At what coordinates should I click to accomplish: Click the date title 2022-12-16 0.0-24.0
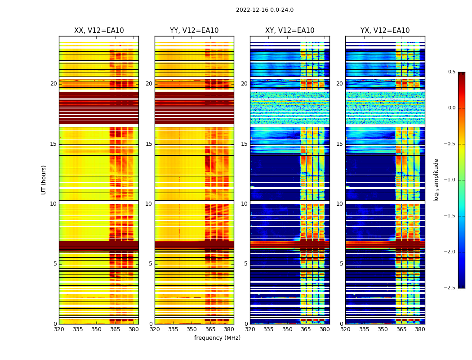click(264, 10)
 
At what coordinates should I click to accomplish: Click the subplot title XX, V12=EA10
click(99, 31)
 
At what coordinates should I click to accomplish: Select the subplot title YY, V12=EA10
click(194, 31)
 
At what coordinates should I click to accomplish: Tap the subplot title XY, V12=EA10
click(290, 31)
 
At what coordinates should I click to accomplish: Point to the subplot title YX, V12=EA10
click(385, 31)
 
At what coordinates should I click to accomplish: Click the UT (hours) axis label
click(44, 180)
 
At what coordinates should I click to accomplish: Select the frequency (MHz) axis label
click(217, 338)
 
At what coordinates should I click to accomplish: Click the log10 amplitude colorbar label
click(436, 180)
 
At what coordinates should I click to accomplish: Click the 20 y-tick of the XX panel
click(53, 84)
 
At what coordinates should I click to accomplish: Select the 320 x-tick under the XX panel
click(59, 329)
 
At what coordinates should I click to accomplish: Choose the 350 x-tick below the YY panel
click(192, 329)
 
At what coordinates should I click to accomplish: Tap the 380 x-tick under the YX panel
click(420, 329)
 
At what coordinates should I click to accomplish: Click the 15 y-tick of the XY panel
click(245, 144)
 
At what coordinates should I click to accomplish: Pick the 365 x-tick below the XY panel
click(306, 329)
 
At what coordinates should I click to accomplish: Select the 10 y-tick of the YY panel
click(149, 204)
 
